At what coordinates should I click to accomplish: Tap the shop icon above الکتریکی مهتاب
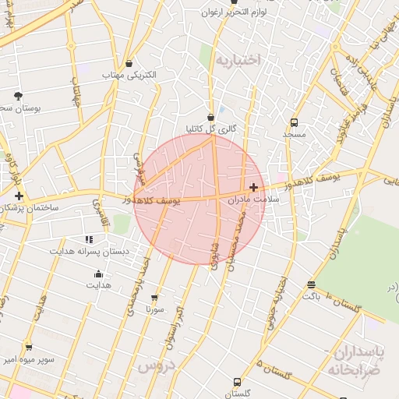pos(129,64)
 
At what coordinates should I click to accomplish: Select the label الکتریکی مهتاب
pos(129,75)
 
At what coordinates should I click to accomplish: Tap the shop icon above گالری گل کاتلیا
pos(210,117)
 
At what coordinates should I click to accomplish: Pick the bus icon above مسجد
pos(294,122)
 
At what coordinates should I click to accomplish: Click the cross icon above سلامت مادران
pos(253,187)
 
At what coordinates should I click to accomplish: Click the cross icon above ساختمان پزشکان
pos(19,196)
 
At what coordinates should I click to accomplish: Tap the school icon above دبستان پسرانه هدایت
pos(89,240)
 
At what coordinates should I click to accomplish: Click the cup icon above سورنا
pos(154,298)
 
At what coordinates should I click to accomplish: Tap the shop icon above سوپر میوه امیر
pos(29,348)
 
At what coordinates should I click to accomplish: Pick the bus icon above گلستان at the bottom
pos(237,383)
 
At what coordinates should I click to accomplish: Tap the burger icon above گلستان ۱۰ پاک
pos(312,285)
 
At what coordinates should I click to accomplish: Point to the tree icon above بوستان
pos(18,96)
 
